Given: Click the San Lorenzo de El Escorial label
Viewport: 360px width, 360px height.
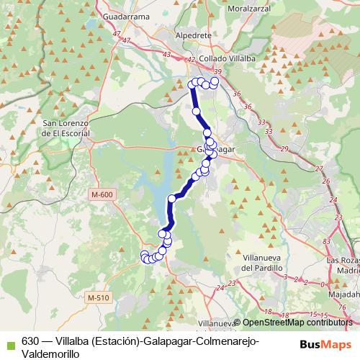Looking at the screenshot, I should (66, 128).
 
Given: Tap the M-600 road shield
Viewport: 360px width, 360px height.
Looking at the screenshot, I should (103, 194).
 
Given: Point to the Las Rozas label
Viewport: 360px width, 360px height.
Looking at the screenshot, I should (343, 261).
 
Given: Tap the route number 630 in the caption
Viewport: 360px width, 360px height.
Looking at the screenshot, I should (30, 341).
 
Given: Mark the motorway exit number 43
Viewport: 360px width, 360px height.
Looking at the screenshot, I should (167, 55).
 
